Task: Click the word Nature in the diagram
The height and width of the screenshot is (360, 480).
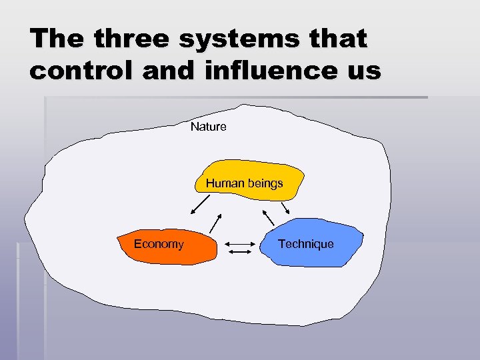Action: (x=208, y=127)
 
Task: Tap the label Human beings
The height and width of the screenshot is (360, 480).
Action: (x=244, y=183)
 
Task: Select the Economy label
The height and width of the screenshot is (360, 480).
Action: (x=159, y=244)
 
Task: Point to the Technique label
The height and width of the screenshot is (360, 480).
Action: (x=306, y=244)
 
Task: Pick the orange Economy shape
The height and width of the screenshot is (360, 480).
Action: (x=167, y=253)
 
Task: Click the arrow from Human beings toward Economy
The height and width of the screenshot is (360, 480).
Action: (x=201, y=205)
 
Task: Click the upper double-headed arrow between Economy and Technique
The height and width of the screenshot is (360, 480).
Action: (x=237, y=244)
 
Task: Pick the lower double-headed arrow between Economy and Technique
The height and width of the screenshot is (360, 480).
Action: (x=237, y=253)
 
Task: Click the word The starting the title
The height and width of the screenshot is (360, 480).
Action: (x=58, y=39)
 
